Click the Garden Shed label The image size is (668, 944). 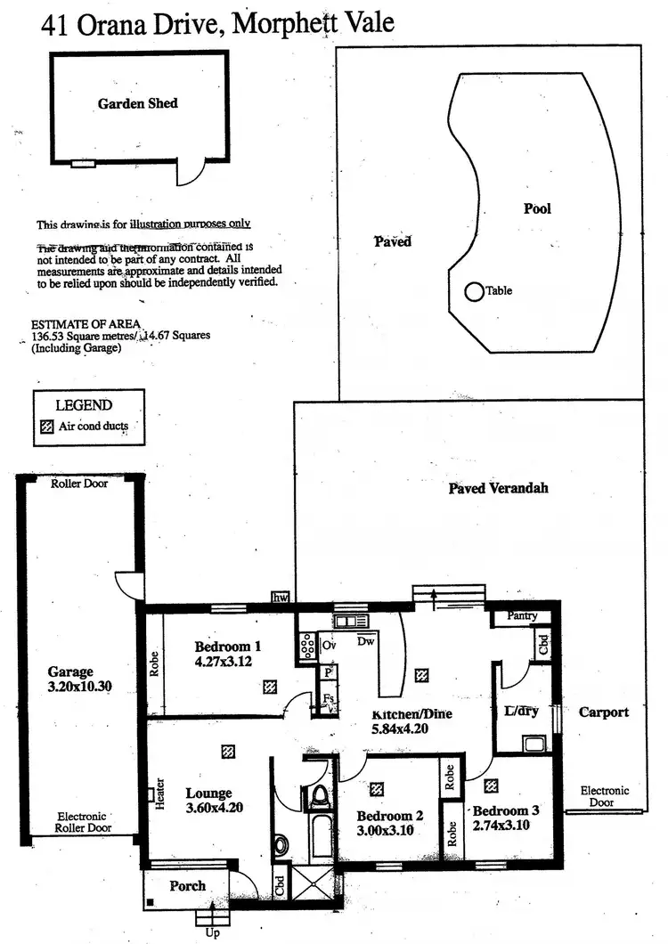(137, 103)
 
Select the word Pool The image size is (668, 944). (537, 208)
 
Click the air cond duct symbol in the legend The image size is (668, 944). (48, 426)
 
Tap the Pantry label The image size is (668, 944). (522, 616)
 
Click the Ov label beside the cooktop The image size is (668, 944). (328, 644)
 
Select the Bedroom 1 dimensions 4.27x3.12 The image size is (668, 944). (225, 663)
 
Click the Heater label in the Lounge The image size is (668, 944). (160, 794)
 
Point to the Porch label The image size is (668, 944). (187, 885)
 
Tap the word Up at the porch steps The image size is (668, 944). (212, 932)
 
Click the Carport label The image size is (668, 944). (604, 712)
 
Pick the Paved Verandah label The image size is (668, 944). (498, 488)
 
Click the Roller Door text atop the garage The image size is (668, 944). (79, 484)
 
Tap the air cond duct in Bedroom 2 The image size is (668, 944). (377, 788)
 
